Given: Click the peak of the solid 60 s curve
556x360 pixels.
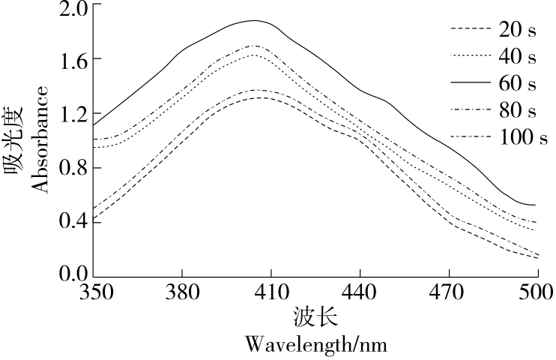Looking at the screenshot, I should point(253,20).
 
